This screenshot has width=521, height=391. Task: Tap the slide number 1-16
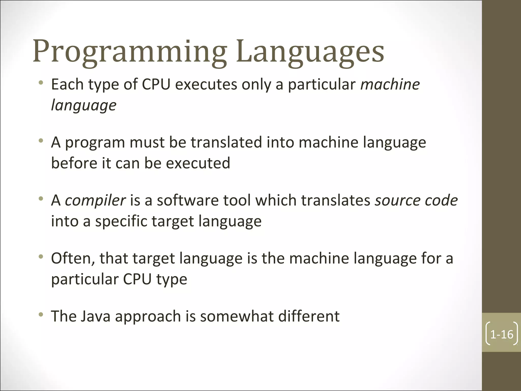(x=501, y=334)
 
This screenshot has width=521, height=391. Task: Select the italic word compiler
(x=95, y=200)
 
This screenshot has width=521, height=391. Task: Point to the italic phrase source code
(x=416, y=200)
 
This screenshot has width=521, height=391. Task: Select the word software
(x=188, y=200)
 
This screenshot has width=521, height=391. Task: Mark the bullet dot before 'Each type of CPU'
(x=41, y=83)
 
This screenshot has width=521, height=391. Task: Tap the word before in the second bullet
(x=74, y=163)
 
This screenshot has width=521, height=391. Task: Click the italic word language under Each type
(x=84, y=105)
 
